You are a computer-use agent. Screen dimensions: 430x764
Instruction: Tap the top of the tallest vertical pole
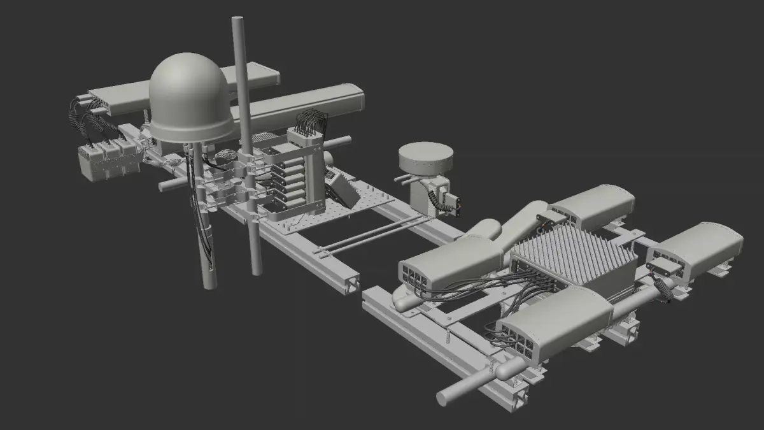[239, 21]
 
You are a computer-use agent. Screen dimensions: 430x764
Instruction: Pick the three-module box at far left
[109, 161]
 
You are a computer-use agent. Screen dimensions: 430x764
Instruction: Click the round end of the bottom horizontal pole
[444, 397]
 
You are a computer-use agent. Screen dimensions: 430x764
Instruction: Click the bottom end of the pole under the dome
[208, 280]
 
